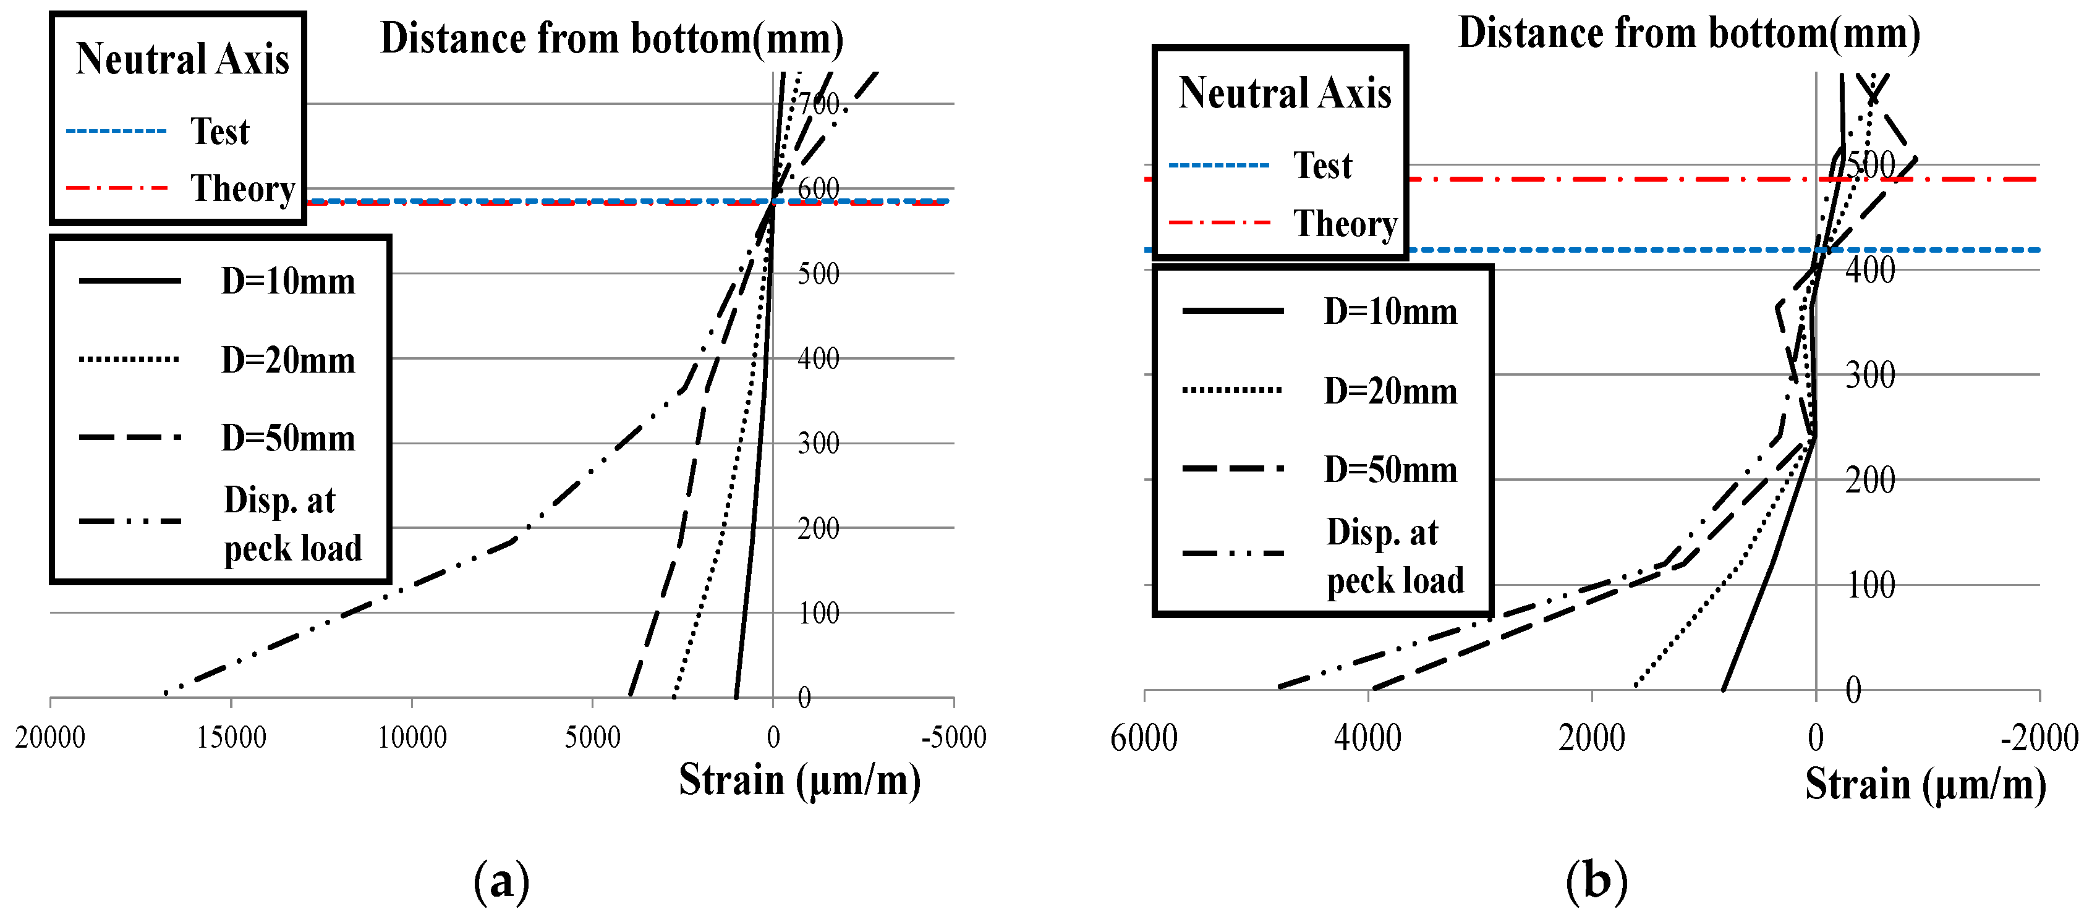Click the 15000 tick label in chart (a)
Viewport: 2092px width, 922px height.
coord(231,737)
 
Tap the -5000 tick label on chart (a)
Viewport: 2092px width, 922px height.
coord(953,737)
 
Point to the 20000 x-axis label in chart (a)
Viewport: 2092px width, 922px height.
coord(49,737)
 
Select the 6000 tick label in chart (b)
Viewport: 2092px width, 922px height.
coord(1144,738)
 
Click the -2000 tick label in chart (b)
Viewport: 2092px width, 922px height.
coord(2038,738)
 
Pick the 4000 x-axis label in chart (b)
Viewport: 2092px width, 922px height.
coord(1367,738)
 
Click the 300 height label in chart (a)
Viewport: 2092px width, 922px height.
coord(819,443)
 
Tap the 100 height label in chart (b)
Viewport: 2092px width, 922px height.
coord(1870,585)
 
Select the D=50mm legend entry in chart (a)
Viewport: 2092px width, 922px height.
coord(287,438)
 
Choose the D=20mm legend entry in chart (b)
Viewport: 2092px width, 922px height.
coord(1390,391)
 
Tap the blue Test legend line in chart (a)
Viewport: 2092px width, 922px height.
coord(116,130)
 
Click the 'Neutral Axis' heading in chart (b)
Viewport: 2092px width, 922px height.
coord(1285,93)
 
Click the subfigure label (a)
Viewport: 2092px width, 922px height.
coord(501,881)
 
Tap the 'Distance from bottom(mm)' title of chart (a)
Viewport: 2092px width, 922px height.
coord(611,39)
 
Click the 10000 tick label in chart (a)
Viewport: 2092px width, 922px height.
coord(412,737)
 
